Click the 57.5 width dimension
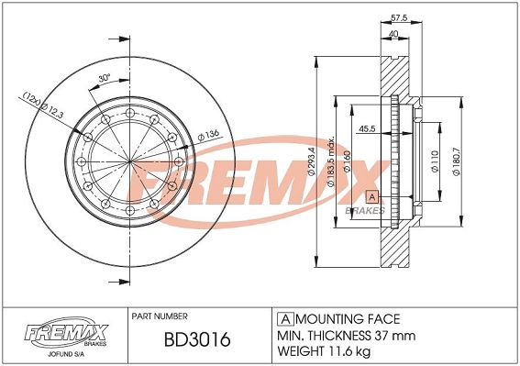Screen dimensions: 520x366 pos(399,18)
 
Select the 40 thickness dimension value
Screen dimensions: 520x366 pos(393,34)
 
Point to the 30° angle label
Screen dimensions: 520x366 pos(105,78)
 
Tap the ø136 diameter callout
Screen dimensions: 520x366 pos(208,136)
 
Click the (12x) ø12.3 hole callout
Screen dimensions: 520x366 pos(42,105)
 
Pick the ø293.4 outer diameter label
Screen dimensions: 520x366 pos(311,161)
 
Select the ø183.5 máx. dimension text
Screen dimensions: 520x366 pos(331,161)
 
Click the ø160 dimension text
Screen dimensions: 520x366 pos(348,161)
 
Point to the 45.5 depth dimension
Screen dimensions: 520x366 pos(367,128)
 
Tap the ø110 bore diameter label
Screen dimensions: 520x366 pos(435,161)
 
